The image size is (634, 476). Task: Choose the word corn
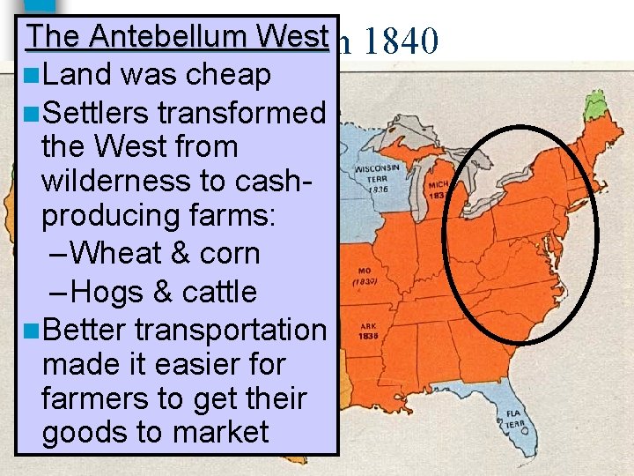(231, 253)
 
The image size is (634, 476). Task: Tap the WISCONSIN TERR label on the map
(377, 175)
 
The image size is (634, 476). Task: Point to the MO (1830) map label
(365, 276)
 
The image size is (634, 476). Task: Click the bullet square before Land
(33, 75)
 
